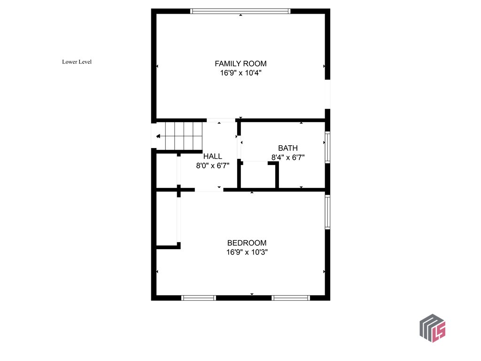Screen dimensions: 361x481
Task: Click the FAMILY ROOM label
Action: click(240, 63)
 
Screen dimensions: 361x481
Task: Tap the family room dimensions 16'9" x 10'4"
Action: click(240, 73)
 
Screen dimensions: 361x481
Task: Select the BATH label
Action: click(287, 148)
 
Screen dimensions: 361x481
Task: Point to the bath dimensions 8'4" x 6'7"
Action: click(287, 158)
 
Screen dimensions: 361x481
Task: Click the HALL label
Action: click(212, 156)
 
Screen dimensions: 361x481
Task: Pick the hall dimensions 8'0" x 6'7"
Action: click(212, 165)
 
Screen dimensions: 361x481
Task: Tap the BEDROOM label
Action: click(247, 243)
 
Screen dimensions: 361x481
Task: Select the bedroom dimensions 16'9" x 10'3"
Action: click(247, 252)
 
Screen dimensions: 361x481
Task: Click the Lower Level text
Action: click(77, 62)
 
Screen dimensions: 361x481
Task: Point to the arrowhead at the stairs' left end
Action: click(158, 136)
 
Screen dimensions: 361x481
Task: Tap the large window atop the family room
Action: click(240, 11)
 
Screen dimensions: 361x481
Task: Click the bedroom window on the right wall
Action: click(327, 212)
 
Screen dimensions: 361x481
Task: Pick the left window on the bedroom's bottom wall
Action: click(198, 298)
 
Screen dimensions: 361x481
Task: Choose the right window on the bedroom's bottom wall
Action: click(291, 298)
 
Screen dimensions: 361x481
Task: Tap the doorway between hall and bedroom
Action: click(209, 190)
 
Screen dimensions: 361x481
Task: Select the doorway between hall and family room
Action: click(221, 120)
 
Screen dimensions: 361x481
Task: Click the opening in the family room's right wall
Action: click(327, 94)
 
